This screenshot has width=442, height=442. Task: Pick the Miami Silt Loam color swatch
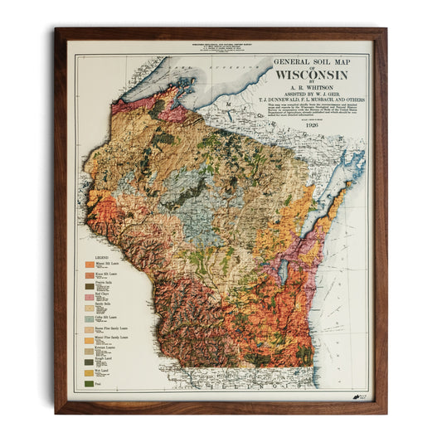90,268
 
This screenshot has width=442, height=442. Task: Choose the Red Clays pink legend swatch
90,296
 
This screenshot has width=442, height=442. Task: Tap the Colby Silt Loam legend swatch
90,318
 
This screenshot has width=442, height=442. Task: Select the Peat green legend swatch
90,383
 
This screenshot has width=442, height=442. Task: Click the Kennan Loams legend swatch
90,351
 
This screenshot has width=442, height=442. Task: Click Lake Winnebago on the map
285,270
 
